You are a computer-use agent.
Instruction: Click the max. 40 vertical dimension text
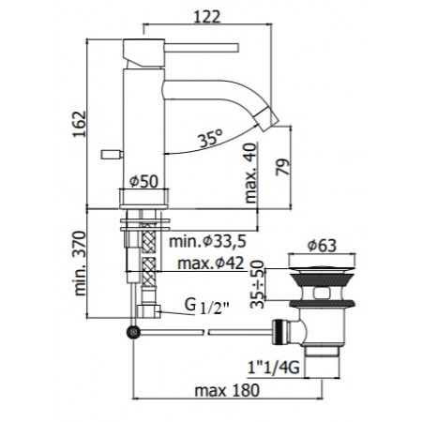point(249,173)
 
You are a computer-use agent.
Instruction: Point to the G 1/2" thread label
point(196,307)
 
